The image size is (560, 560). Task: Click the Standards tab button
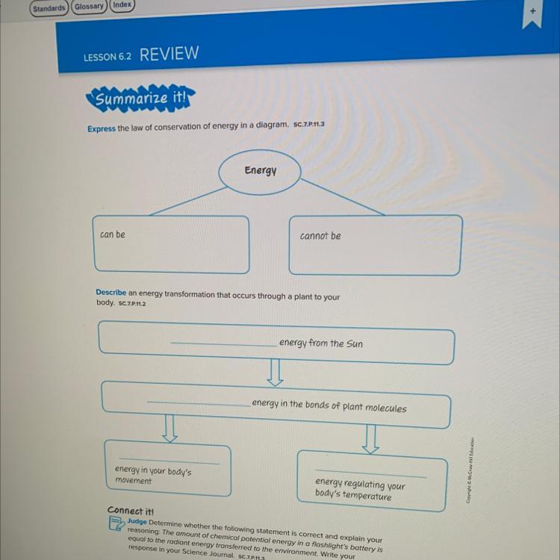49,8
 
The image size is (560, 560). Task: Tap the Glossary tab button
89,7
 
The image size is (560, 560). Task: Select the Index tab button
122,5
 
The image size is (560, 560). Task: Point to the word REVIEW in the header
169,54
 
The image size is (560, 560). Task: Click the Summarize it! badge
140,98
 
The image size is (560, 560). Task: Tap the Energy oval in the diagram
260,172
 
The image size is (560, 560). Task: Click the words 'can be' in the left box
113,234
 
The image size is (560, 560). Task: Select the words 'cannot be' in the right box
320,236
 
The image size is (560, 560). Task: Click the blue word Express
102,128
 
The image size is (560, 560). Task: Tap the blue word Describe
111,292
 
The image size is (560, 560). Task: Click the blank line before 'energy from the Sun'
224,344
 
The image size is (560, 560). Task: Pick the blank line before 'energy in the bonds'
199,403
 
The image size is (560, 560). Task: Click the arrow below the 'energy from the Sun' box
275,373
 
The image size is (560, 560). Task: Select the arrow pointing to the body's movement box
169,429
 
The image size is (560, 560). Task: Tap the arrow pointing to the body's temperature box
370,439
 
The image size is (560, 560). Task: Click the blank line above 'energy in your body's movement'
169,461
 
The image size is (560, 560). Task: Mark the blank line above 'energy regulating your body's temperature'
370,473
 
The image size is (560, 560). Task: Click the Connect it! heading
131,511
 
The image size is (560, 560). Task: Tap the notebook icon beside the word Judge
116,523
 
